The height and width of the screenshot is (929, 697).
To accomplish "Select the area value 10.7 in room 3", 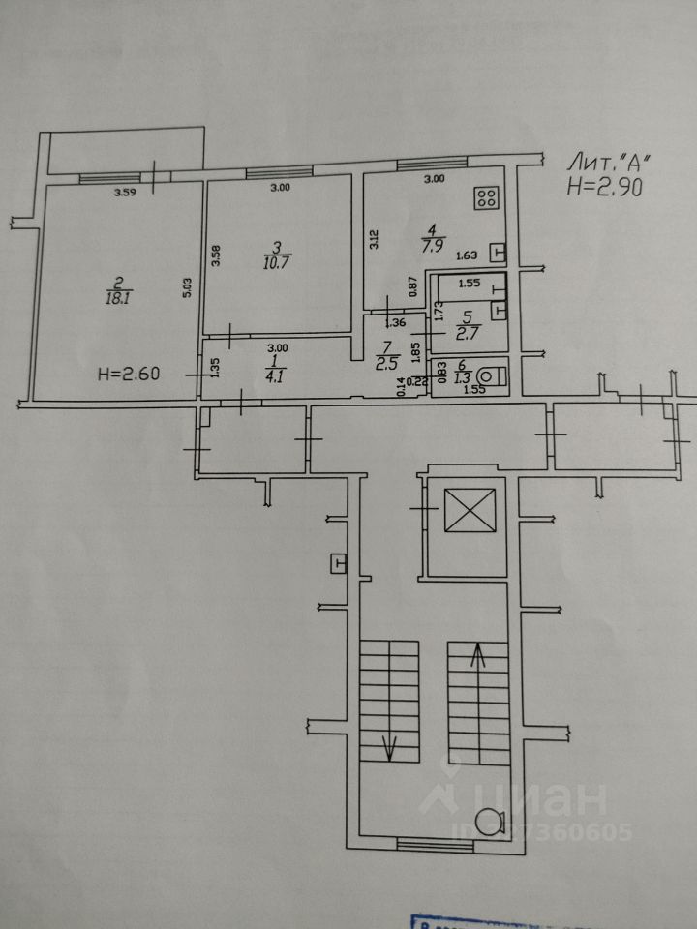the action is tap(277, 261).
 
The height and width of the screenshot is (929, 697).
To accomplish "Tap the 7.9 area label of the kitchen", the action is tap(432, 248).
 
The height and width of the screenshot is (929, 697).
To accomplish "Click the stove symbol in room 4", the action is tap(487, 198).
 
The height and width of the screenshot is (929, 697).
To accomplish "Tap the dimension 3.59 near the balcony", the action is tap(125, 193).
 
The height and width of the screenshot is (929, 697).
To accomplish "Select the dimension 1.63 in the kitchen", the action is tap(467, 255).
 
